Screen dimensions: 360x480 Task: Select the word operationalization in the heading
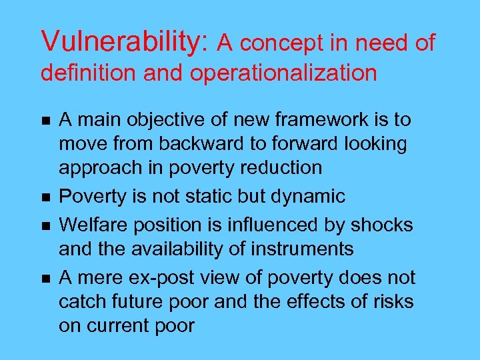pos(283,73)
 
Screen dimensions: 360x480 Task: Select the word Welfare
pos(98,225)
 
